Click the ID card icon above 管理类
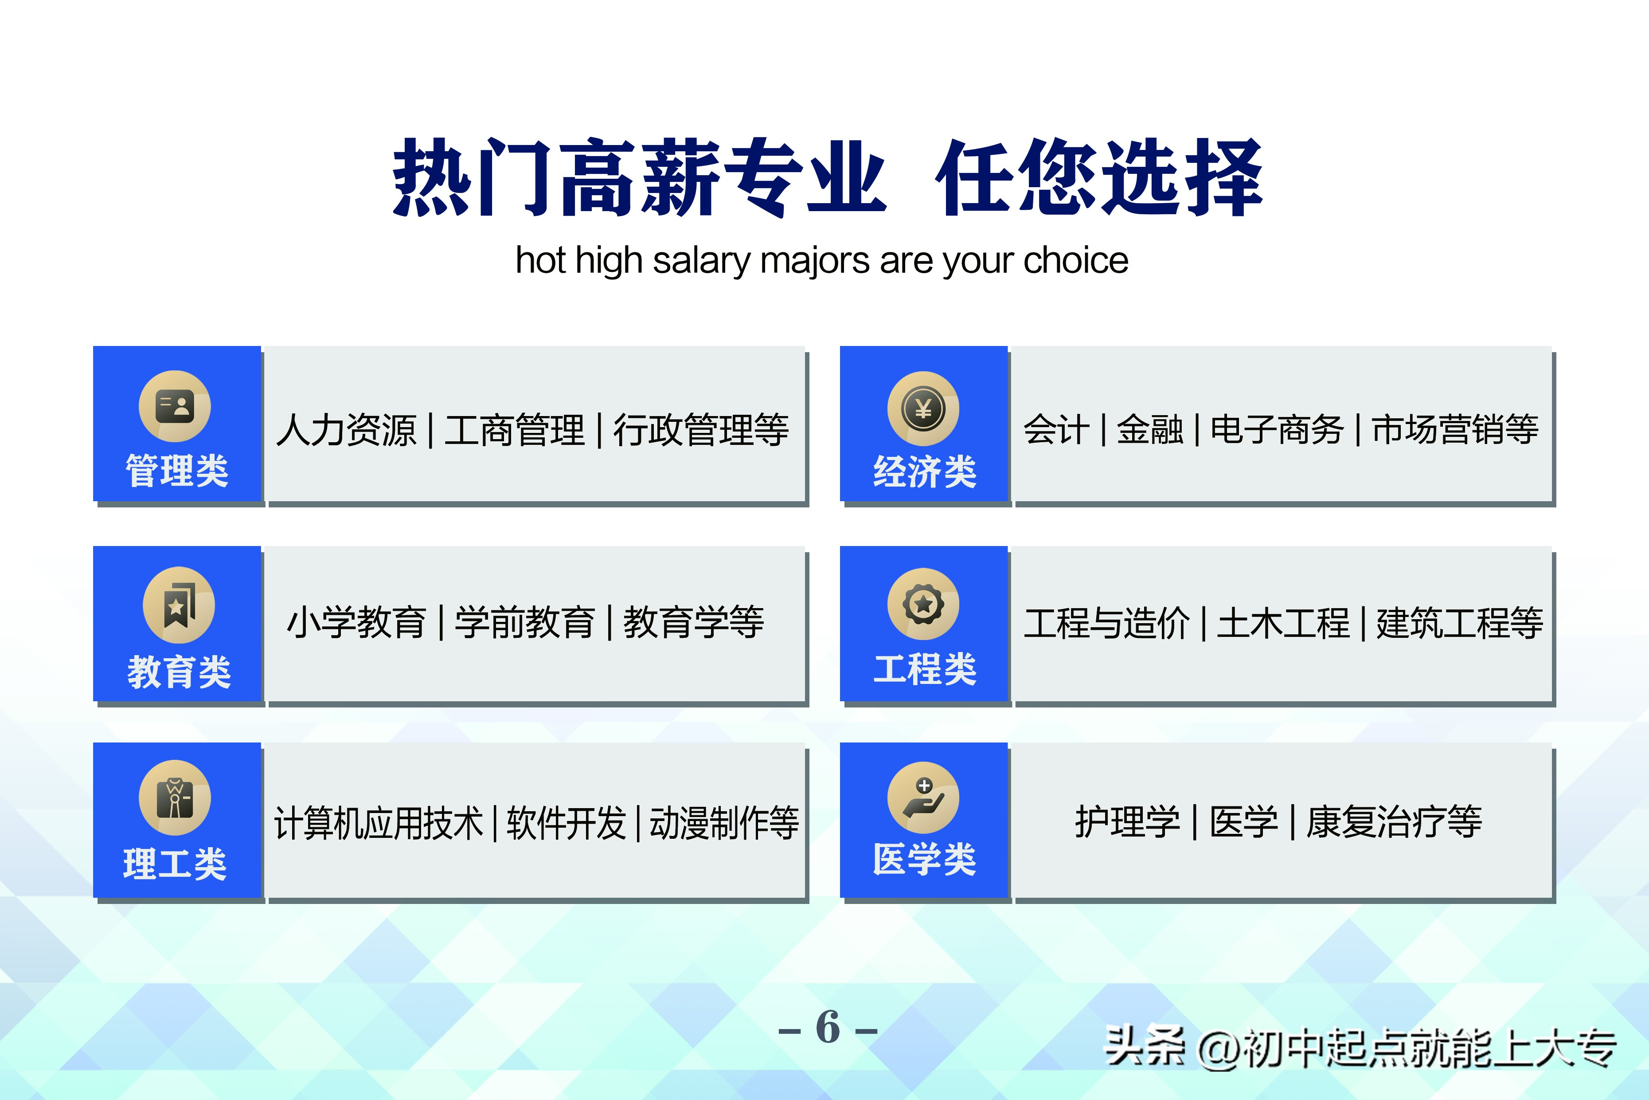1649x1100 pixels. coord(175,406)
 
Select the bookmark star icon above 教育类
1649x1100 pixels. coord(179,605)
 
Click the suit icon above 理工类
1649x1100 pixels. coord(175,797)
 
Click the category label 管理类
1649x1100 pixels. coord(177,470)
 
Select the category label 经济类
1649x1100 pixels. coord(924,471)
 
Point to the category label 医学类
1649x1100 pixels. coord(924,860)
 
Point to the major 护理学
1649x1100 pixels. coord(1127,821)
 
